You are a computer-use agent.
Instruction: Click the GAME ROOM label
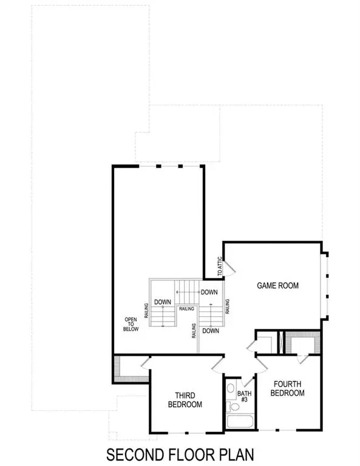[x=277, y=285]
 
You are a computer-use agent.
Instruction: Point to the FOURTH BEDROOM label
[x=287, y=388]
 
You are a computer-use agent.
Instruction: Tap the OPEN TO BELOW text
[x=131, y=324]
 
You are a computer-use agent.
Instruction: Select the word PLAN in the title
[x=234, y=454]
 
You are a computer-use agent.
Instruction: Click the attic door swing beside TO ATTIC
[x=219, y=279]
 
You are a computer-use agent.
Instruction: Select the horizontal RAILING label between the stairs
[x=187, y=308]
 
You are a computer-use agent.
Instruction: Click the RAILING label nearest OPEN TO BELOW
[x=146, y=310]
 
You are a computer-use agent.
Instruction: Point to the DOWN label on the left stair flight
[x=161, y=302]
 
